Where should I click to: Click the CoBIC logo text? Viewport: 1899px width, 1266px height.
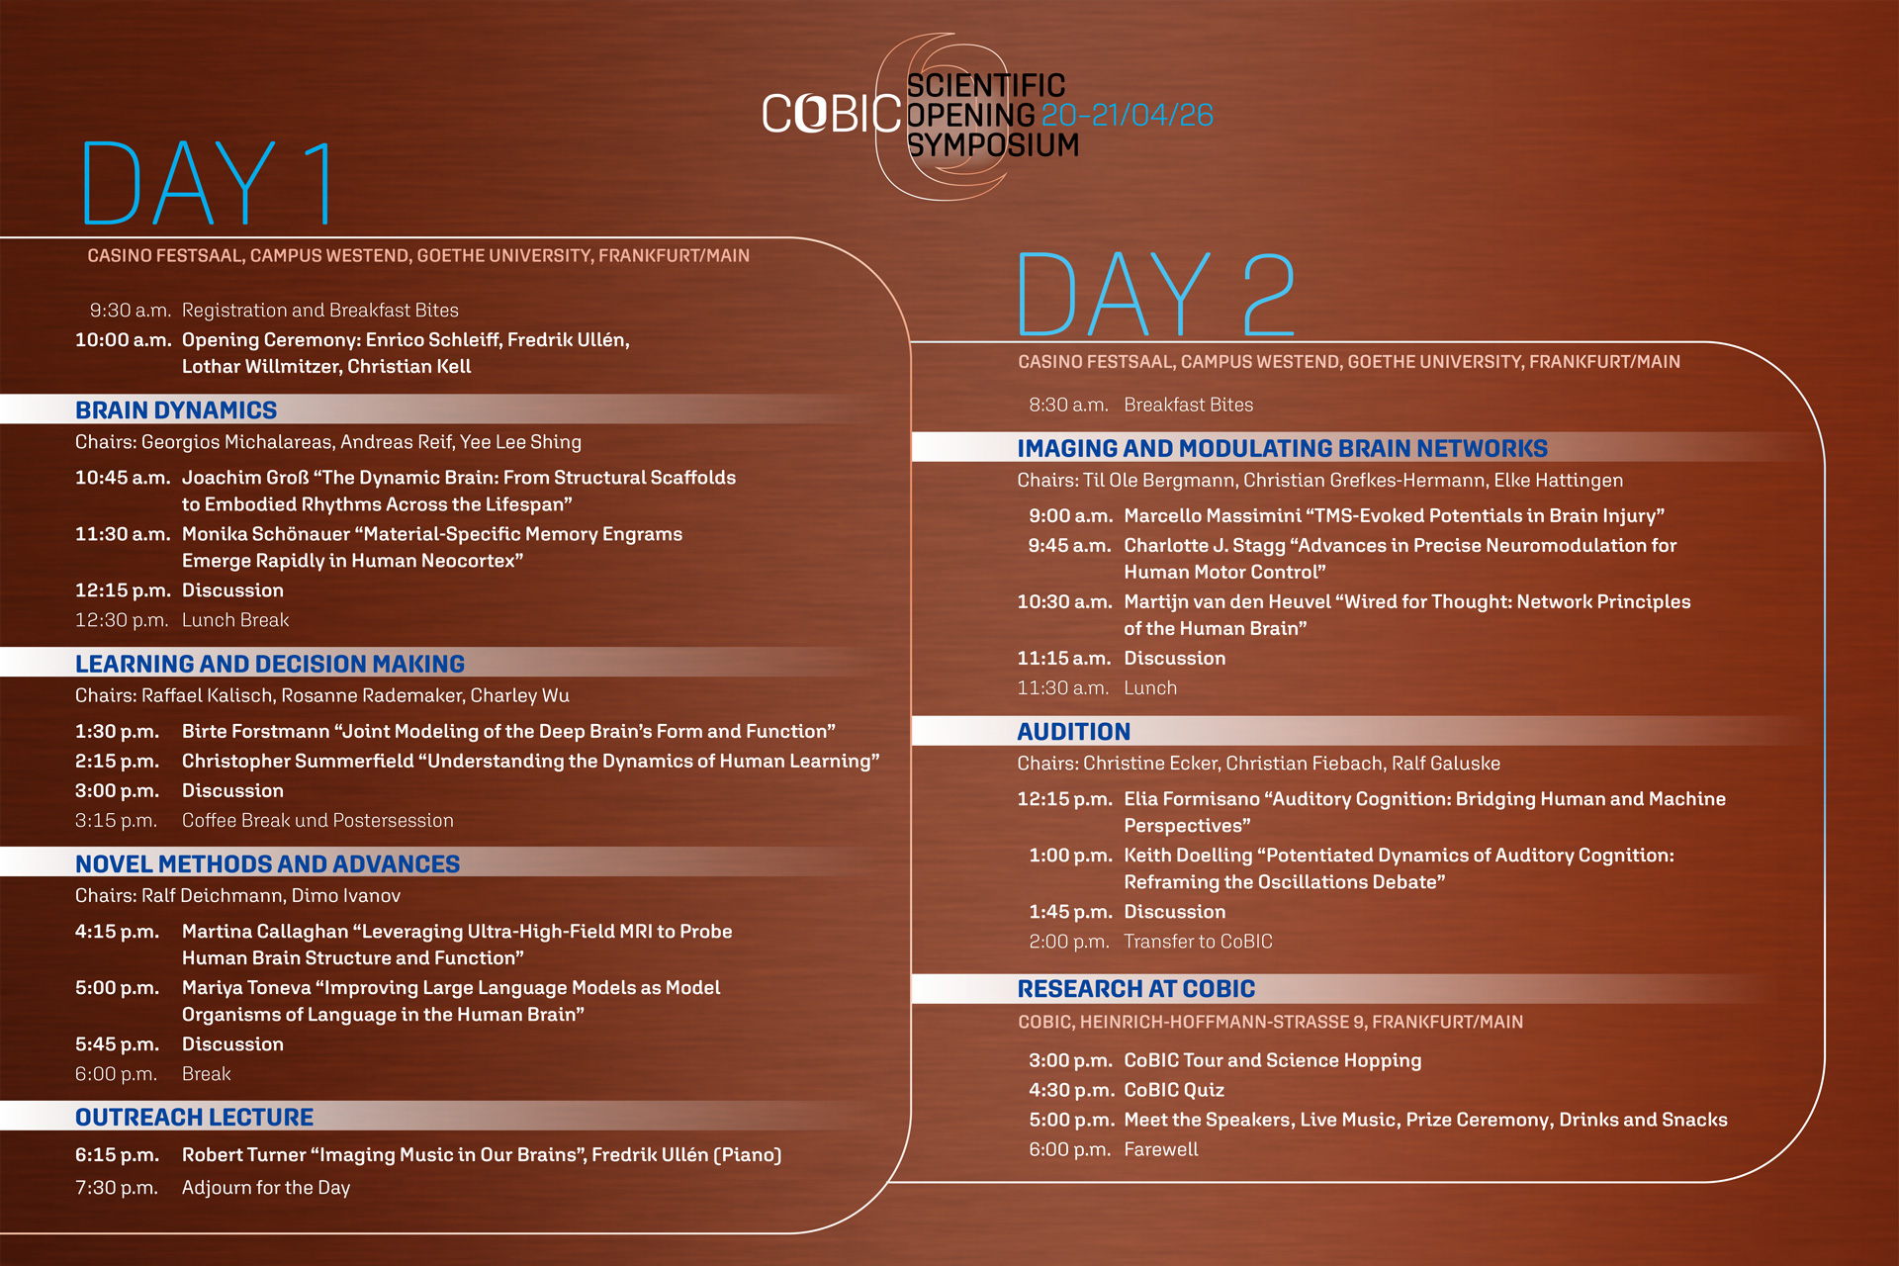click(831, 114)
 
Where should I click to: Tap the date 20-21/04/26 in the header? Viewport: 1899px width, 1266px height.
click(1128, 115)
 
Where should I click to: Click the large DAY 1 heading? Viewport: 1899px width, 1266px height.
click(208, 183)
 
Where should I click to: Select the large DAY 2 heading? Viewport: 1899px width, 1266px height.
click(1156, 294)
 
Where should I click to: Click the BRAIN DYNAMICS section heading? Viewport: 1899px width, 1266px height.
click(176, 409)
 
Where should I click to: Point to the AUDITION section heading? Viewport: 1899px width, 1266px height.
click(1073, 731)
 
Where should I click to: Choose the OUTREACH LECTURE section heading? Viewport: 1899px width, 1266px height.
click(194, 1117)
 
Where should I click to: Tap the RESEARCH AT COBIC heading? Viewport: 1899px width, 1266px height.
click(1135, 988)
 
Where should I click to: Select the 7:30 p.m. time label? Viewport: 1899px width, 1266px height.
click(117, 1188)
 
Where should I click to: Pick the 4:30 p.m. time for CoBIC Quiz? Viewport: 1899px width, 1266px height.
click(1070, 1090)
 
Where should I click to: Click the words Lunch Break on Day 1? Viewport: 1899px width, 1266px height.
click(235, 620)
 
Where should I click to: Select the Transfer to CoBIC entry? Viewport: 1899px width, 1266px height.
click(1198, 942)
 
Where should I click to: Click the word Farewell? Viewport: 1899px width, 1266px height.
click(1161, 1149)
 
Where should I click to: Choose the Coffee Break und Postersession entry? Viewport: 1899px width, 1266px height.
click(317, 821)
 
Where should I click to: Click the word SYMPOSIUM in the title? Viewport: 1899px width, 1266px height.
click(992, 145)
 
